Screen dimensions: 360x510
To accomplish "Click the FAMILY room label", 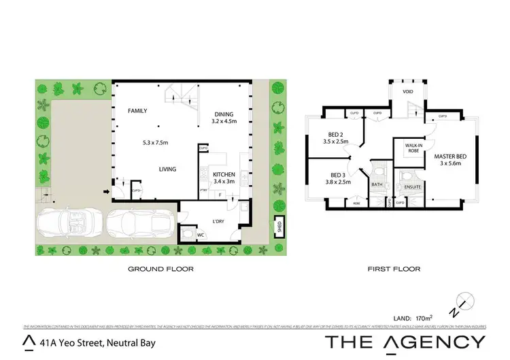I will (x=137, y=110).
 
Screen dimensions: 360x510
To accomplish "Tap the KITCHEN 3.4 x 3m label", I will (x=224, y=178).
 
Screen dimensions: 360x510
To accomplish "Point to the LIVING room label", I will (x=168, y=169).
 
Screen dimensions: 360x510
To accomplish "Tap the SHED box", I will (x=278, y=226).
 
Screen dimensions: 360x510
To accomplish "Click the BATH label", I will (x=377, y=184).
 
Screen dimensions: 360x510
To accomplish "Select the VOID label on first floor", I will (x=408, y=91).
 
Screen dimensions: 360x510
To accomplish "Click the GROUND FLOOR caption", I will (x=161, y=269).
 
